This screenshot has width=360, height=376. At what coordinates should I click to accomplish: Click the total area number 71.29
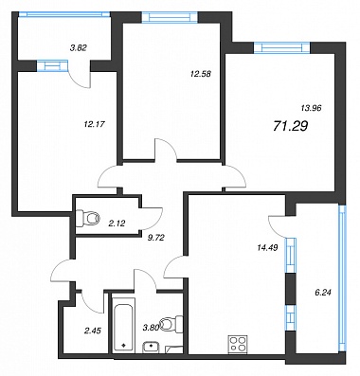click(290, 126)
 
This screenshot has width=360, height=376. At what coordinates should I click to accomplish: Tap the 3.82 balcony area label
click(78, 47)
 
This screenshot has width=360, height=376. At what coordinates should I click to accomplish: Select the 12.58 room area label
click(201, 74)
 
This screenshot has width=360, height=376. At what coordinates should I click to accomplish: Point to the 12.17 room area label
click(94, 124)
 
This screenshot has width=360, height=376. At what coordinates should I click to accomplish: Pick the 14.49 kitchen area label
click(267, 248)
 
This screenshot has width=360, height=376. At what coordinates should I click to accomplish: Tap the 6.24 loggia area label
click(323, 293)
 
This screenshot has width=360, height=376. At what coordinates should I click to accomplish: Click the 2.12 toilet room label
click(117, 224)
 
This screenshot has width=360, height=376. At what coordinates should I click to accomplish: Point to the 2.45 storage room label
click(92, 331)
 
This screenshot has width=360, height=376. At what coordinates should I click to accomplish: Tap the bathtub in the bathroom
click(123, 327)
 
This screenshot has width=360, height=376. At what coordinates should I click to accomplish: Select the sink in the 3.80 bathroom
click(152, 348)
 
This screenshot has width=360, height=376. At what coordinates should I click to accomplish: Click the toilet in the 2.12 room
click(88, 218)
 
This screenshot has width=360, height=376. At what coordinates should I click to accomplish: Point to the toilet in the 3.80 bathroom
click(172, 324)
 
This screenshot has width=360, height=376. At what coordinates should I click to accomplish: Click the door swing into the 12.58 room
click(166, 149)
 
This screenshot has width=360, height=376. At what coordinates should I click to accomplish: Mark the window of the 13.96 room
click(282, 47)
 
